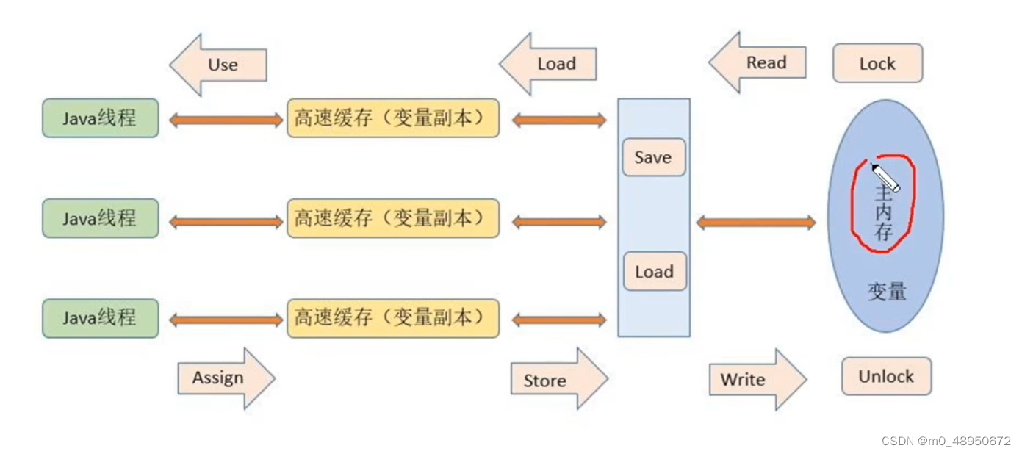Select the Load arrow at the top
click(550, 64)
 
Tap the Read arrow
click(760, 63)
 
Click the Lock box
click(877, 63)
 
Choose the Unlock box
click(886, 377)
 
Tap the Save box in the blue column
click(653, 157)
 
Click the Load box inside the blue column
click(654, 272)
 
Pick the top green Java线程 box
click(100, 118)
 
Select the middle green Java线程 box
click(100, 218)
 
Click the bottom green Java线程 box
click(100, 318)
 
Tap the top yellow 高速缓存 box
click(392, 118)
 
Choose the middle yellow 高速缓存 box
click(392, 218)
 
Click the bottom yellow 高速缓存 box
click(392, 318)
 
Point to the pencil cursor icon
click(885, 177)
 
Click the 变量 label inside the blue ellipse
click(886, 292)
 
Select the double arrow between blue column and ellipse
click(755, 222)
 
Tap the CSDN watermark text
click(947, 441)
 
